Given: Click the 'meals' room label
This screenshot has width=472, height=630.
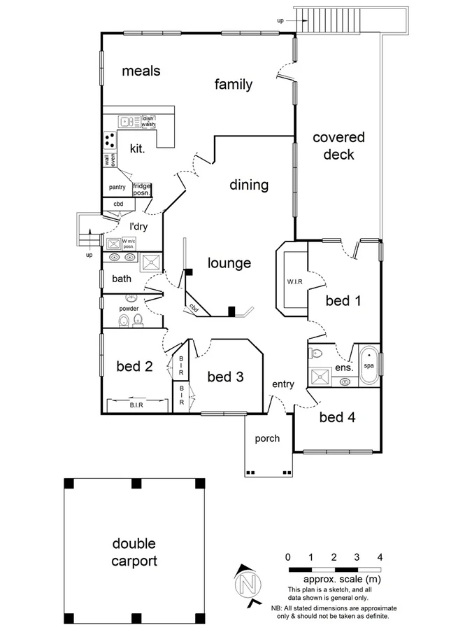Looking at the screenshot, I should (x=141, y=71).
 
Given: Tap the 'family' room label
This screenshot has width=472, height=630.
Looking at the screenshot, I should (x=233, y=85).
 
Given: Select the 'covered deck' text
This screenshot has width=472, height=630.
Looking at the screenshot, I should (x=338, y=146).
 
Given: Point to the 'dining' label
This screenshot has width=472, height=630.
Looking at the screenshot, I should (x=249, y=185).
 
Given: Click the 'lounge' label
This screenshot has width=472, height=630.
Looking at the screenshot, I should (x=229, y=264).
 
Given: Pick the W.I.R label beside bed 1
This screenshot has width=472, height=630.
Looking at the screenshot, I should (x=294, y=283).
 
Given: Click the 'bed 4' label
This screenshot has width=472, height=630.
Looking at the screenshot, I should (x=337, y=417).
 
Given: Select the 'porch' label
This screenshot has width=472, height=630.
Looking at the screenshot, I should (x=267, y=439).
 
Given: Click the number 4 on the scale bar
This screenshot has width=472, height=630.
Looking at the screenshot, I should (x=380, y=557).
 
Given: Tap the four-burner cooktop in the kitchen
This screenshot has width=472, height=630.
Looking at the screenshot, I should (x=110, y=140).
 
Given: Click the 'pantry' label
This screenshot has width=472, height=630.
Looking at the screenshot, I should (x=116, y=188).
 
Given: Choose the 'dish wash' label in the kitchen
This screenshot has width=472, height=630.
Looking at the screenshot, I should (x=148, y=121).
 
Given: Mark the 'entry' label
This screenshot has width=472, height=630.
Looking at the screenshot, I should (x=283, y=384).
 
